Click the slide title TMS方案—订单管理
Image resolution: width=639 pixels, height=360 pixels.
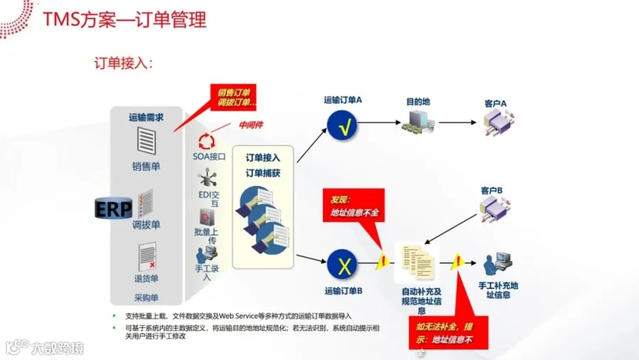coord(124,19)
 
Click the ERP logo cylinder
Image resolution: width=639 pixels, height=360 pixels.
coord(114,208)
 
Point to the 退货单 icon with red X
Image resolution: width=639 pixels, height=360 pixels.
coord(147,256)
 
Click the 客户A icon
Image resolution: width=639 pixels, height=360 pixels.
coord(495,123)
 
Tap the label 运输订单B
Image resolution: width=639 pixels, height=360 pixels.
coord(344,290)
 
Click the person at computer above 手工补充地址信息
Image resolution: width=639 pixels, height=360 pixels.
coord(494,264)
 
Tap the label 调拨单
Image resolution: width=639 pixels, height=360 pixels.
coord(146,224)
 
